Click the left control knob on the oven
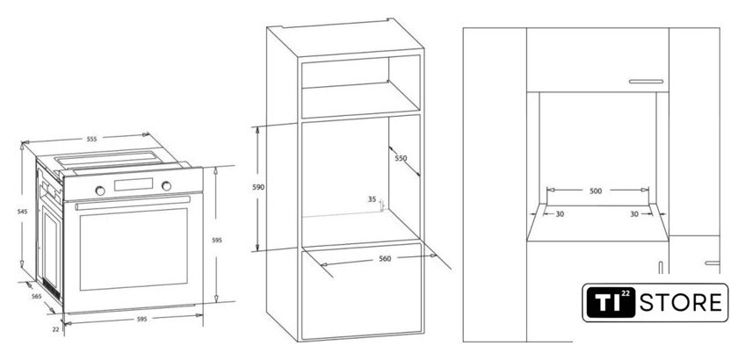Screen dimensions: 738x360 100,191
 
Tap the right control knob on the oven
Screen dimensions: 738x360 166,186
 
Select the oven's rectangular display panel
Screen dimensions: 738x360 134,184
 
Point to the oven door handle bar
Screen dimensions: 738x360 133,203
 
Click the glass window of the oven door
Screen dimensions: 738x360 134,249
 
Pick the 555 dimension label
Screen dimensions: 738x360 91,140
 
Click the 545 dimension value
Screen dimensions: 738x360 23,212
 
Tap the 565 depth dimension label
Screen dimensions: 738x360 36,297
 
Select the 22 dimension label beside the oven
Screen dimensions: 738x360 55,329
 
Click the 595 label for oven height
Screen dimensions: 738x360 216,240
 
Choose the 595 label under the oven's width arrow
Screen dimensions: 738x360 141,319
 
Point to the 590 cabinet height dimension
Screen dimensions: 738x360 258,187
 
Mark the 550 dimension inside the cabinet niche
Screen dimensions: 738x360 401,158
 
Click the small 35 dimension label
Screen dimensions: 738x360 372,199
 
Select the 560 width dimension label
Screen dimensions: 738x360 385,258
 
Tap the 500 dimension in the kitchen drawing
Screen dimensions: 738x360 596,191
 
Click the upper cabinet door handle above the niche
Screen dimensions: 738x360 646,82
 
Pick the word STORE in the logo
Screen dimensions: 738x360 680,302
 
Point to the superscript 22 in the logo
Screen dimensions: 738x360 626,292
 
